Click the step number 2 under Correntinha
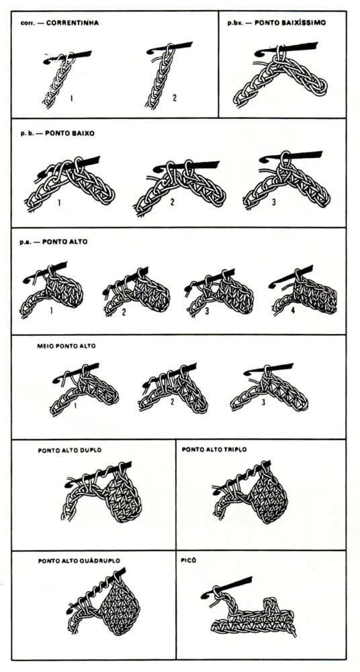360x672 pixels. (x=175, y=98)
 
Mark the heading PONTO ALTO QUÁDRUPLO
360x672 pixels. (x=76, y=560)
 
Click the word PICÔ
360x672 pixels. (x=189, y=559)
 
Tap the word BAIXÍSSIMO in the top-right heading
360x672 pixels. (x=300, y=22)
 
